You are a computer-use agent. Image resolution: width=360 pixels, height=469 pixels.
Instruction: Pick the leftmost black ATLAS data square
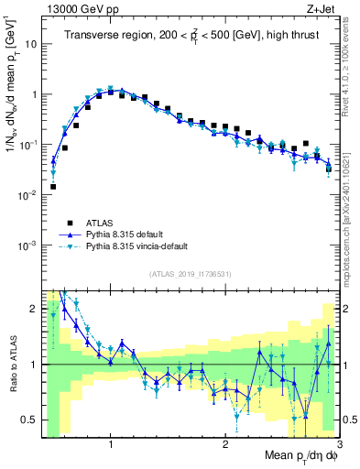click(x=53, y=186)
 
